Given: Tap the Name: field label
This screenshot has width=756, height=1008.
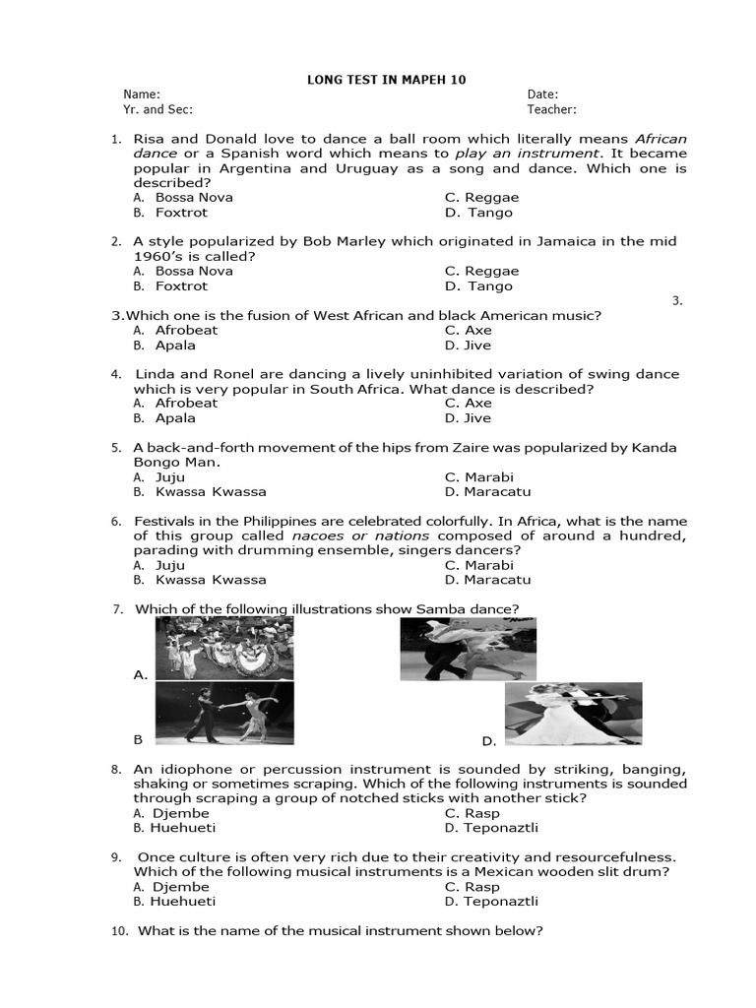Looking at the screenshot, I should [x=141, y=94].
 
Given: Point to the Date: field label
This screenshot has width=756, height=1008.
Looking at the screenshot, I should [x=542, y=94].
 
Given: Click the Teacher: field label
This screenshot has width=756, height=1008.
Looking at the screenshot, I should [x=551, y=110].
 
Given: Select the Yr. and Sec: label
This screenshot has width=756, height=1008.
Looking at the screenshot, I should [x=157, y=110].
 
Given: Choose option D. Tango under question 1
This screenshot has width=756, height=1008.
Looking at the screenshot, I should [x=478, y=213].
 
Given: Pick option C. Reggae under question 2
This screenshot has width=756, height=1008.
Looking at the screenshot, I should [x=481, y=271].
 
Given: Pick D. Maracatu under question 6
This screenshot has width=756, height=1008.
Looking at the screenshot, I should [x=487, y=581].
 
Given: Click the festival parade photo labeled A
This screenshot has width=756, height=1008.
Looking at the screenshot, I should [x=224, y=649].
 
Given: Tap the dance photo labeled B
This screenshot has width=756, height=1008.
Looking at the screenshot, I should [x=224, y=713].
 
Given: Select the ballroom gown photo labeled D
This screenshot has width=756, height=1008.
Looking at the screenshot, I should [x=572, y=714].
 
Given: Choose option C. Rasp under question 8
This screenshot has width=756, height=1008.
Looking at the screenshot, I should [x=472, y=813].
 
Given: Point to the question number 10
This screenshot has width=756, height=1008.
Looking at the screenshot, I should [x=117, y=931].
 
